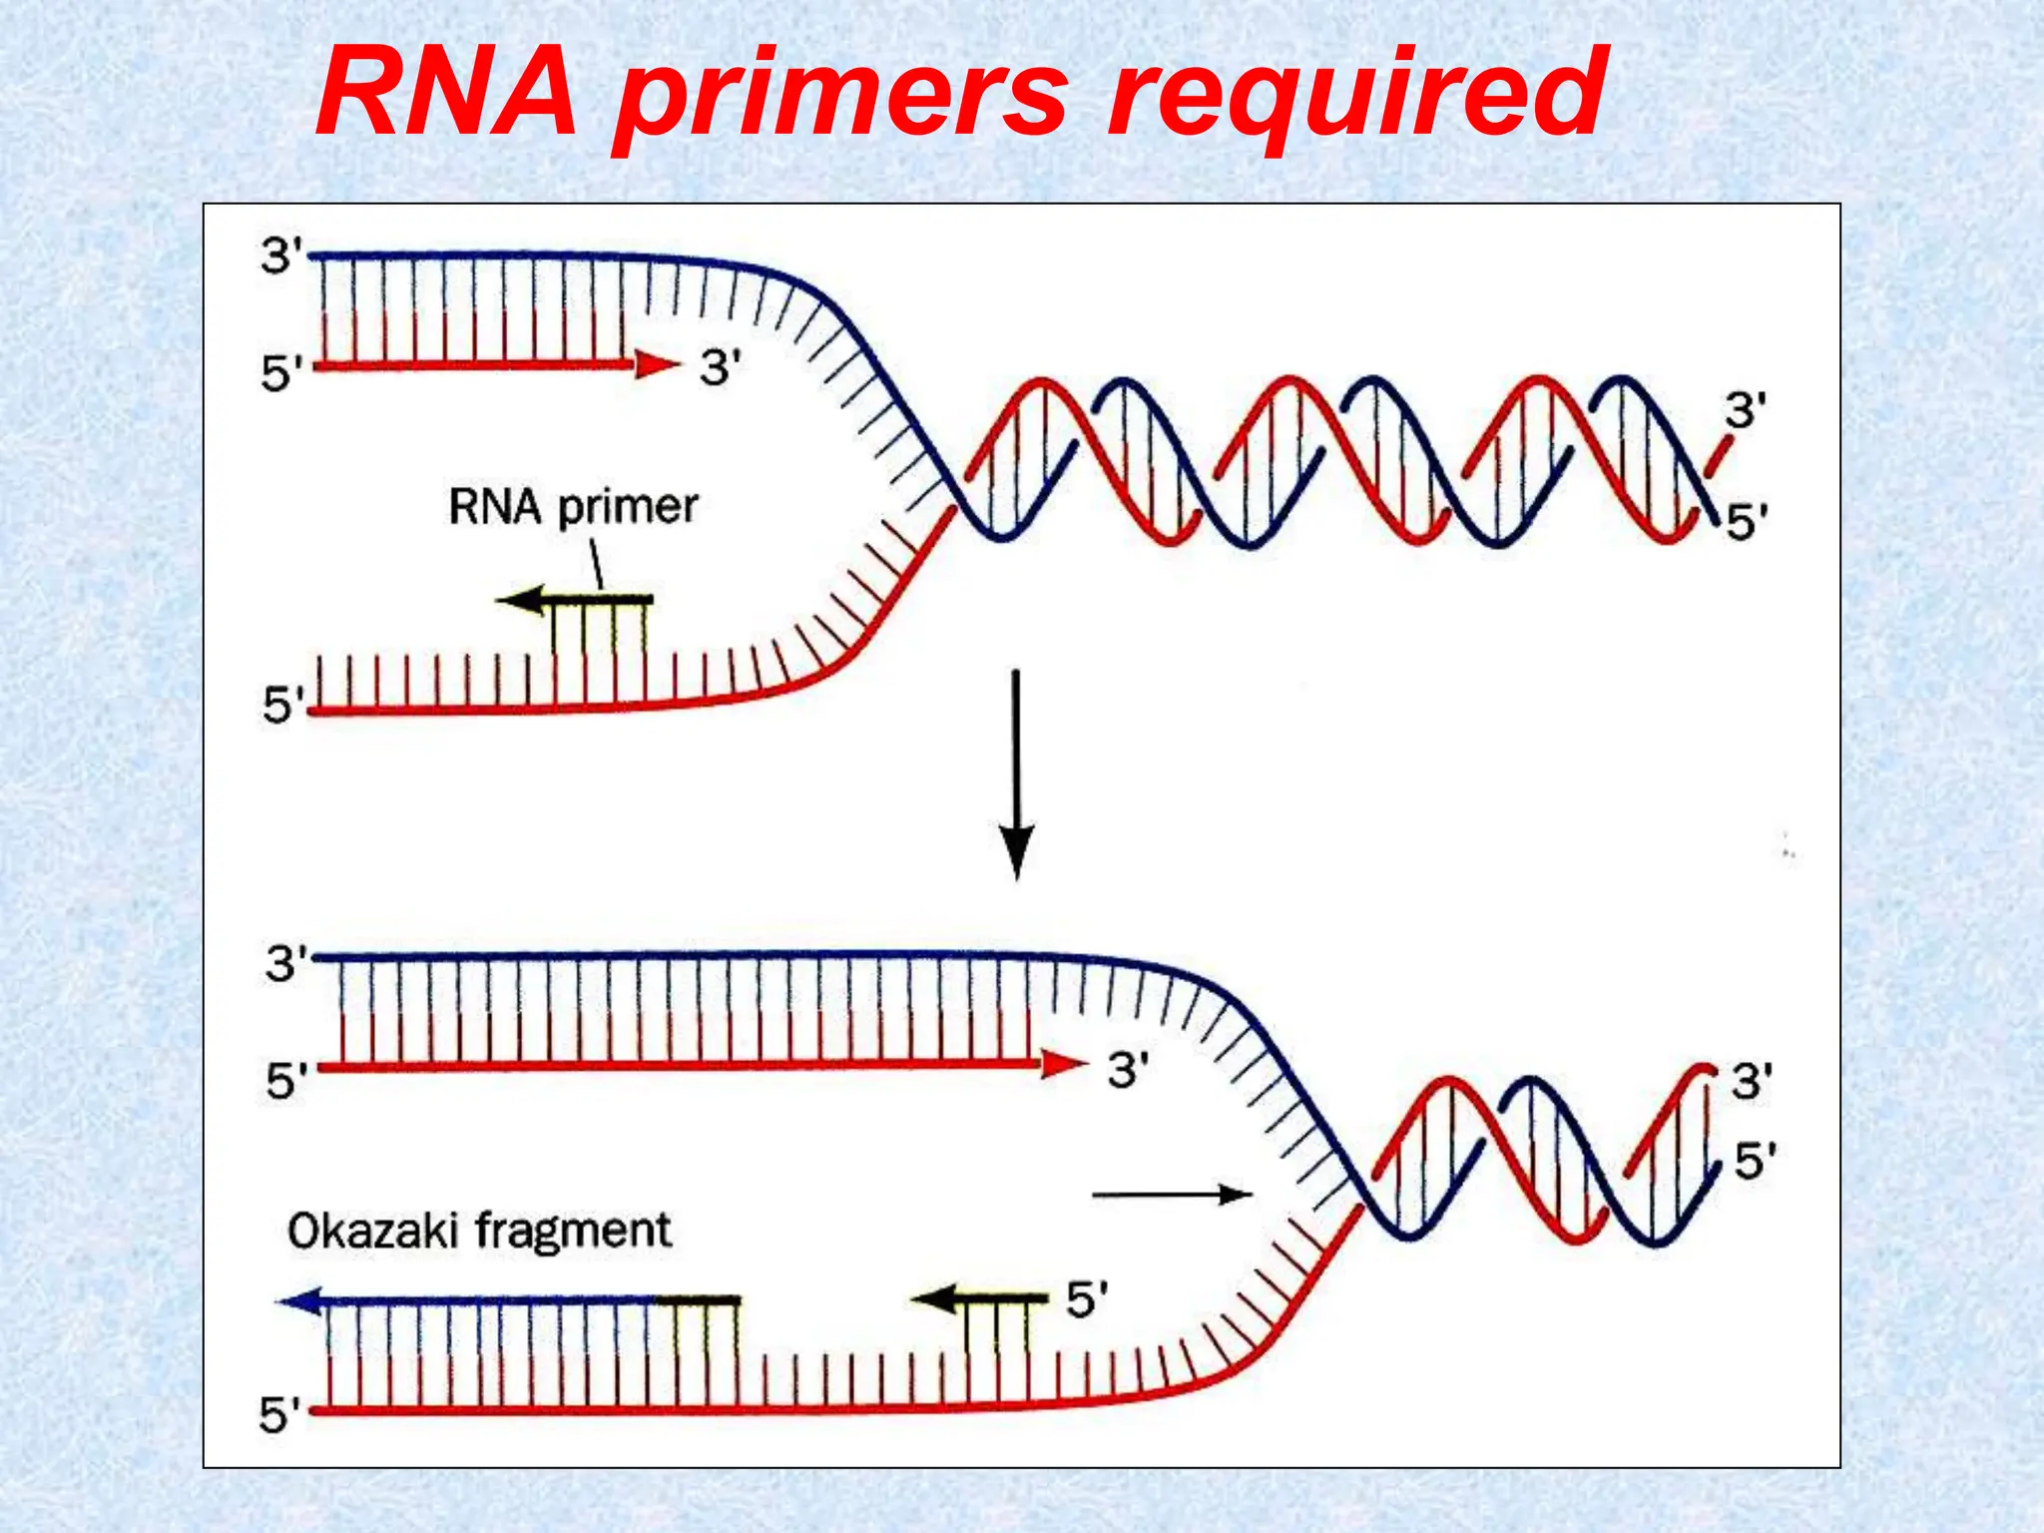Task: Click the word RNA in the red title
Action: [446, 95]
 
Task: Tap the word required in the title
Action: [1357, 100]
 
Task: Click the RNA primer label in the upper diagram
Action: [573, 507]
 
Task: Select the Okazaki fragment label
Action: [479, 1231]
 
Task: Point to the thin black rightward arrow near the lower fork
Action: [1172, 1195]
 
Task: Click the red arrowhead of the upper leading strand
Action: [656, 365]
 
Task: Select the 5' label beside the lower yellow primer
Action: [1087, 1300]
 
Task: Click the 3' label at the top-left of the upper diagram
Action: [281, 256]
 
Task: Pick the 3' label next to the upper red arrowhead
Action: [720, 368]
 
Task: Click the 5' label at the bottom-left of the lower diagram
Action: [280, 1415]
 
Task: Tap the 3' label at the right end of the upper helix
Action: [1746, 411]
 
